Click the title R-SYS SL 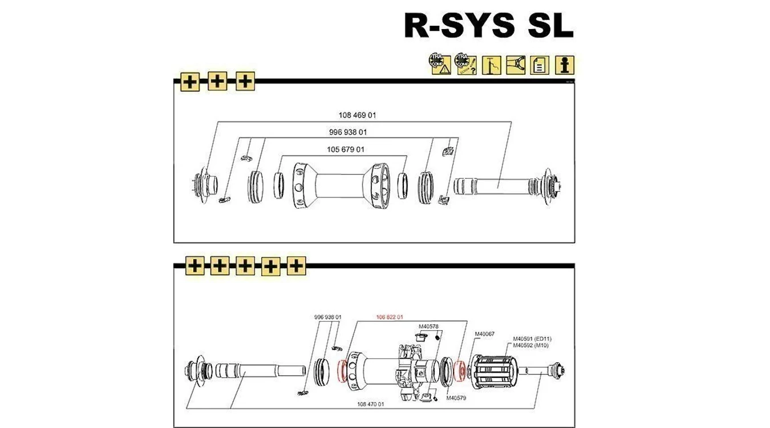[x=488, y=26]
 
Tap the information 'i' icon [x=565, y=64]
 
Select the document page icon [x=539, y=64]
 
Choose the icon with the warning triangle [x=440, y=64]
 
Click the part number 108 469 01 [x=358, y=115]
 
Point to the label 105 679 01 [x=346, y=150]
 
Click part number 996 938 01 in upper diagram [x=348, y=132]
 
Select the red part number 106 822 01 [x=390, y=317]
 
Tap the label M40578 [x=428, y=326]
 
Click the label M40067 [x=485, y=334]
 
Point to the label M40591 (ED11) [x=532, y=338]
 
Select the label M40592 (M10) [x=530, y=345]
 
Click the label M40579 [x=456, y=398]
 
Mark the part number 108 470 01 [x=371, y=403]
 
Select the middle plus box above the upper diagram [x=217, y=82]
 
